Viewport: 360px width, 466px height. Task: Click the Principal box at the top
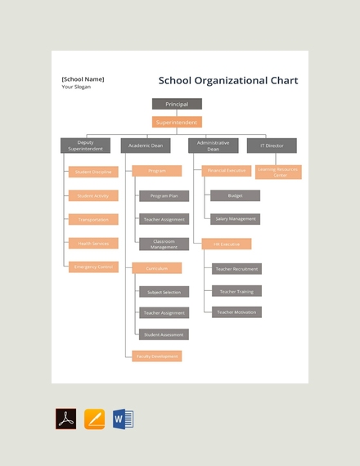tap(177, 105)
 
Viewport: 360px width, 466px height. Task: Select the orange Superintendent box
tap(177, 123)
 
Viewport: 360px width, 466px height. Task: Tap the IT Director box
tap(272, 146)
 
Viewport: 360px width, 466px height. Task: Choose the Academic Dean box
tap(146, 146)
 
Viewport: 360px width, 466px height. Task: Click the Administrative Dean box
tap(213, 146)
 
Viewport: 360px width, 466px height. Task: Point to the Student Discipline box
tap(93, 172)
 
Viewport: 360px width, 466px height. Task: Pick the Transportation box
tap(93, 219)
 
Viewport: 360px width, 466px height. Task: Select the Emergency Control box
tap(93, 267)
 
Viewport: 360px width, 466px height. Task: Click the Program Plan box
tap(164, 196)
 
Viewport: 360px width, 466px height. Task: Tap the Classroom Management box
tap(164, 244)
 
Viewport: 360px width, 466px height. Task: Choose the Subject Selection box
tap(164, 292)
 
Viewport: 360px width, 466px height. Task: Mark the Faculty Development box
tap(157, 356)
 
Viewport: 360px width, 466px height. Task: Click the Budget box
tap(235, 196)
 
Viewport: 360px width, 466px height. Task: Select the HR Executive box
tap(227, 244)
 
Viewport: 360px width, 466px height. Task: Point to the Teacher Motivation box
tap(236, 311)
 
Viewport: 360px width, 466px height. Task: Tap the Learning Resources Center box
tap(278, 173)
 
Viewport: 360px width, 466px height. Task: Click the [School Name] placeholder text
tap(83, 79)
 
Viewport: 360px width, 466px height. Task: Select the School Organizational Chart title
tap(228, 81)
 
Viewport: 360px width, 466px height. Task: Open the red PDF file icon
tap(65, 419)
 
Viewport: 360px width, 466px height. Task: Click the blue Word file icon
tap(123, 419)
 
